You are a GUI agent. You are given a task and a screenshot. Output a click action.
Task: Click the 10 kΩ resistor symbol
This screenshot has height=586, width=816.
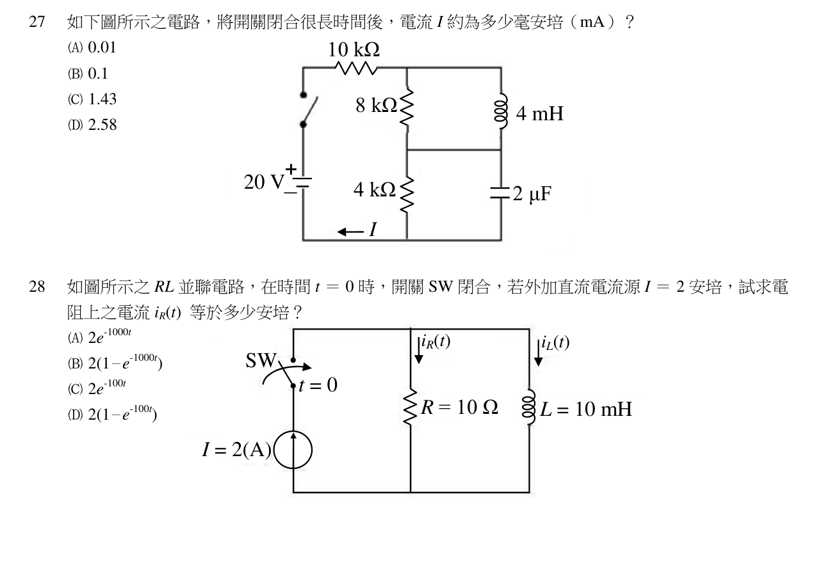pyautogui.click(x=356, y=68)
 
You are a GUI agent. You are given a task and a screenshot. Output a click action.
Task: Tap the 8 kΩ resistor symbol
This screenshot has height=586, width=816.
pyautogui.click(x=407, y=107)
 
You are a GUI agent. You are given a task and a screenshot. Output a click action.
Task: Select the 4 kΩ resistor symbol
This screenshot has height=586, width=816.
pyautogui.click(x=407, y=194)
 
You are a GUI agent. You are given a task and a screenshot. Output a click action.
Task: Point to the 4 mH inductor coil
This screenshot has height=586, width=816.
pyautogui.click(x=501, y=111)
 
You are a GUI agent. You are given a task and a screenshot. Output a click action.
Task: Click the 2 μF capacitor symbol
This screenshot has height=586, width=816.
pyautogui.click(x=500, y=193)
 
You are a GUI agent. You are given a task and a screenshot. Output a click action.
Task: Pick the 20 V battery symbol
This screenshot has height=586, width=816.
pyautogui.click(x=303, y=182)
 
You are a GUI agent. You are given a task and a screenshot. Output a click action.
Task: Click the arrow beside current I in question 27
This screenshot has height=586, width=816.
pyautogui.click(x=350, y=232)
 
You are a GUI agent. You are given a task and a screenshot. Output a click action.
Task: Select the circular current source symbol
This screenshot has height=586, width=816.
pyautogui.click(x=293, y=450)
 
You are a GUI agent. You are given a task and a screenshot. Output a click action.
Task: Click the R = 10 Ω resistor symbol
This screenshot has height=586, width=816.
pyautogui.click(x=411, y=406)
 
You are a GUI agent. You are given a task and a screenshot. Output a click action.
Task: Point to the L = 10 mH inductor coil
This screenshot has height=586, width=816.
pyautogui.click(x=529, y=407)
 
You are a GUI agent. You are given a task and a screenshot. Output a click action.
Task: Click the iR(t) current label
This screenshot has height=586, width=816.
pyautogui.click(x=436, y=342)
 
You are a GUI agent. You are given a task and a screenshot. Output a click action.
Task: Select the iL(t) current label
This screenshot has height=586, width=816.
pyautogui.click(x=555, y=343)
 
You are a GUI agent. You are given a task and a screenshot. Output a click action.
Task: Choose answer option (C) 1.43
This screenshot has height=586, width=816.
pyautogui.click(x=92, y=99)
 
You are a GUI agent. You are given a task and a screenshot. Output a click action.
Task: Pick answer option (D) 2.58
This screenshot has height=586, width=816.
pyautogui.click(x=92, y=125)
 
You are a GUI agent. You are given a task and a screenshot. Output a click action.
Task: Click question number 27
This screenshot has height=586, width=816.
pyautogui.click(x=37, y=22)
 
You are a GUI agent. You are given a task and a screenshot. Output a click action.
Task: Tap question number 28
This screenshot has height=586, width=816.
pyautogui.click(x=37, y=287)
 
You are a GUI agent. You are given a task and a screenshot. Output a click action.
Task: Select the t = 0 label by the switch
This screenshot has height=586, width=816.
pyautogui.click(x=318, y=385)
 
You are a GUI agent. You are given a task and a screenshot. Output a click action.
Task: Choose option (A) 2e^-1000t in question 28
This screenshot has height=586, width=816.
pyautogui.click(x=99, y=336)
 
